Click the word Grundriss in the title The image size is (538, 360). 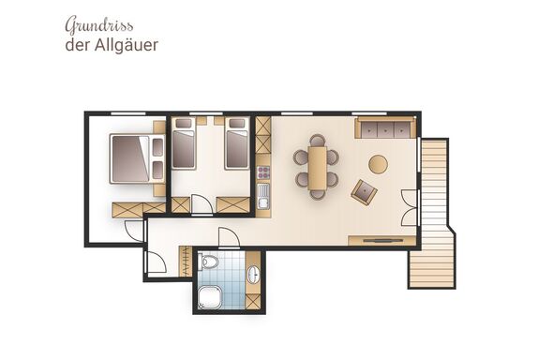coord(99,25)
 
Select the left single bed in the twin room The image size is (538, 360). coord(184,143)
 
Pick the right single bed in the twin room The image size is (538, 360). coord(237,143)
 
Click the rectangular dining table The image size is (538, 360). coord(318,168)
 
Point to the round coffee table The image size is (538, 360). coord(378,164)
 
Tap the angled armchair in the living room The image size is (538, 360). coord(364,192)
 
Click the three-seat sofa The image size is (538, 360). coord(385,127)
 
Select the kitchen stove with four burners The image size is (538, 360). coord(263,172)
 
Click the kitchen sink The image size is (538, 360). coord(263,196)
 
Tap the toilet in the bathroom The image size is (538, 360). coord(210,262)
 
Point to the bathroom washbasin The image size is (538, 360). coord(254,274)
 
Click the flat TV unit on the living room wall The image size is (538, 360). coord(381,240)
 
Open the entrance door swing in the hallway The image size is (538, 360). coord(155,262)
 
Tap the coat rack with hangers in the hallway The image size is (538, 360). coord(186,262)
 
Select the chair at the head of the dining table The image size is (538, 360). coord(318,140)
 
